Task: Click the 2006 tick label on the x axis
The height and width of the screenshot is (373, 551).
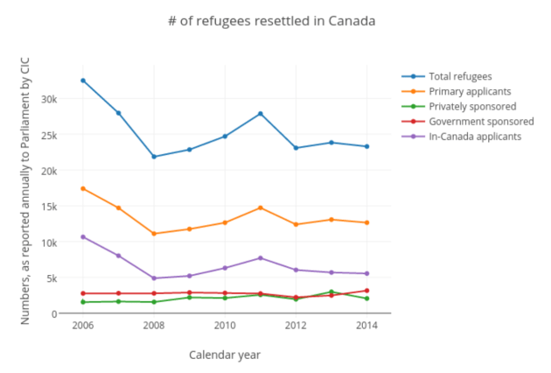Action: [83, 326]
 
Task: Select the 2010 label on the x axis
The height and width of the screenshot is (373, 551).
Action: [225, 326]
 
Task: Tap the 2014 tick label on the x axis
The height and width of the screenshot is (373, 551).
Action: [366, 326]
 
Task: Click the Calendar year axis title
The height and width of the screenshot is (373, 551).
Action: [225, 355]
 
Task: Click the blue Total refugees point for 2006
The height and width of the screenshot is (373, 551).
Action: [83, 81]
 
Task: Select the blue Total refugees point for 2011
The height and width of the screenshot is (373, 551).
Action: [261, 114]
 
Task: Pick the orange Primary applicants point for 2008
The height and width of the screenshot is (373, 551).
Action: [154, 234]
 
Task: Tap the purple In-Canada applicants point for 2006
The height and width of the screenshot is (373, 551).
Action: [83, 236]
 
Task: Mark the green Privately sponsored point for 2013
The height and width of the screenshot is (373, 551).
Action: [331, 292]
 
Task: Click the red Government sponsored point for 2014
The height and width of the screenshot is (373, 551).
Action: [366, 291]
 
